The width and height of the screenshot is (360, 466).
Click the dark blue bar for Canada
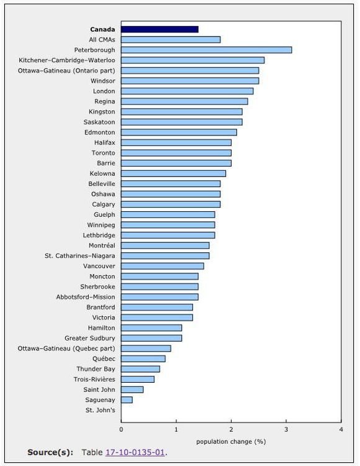pyautogui.click(x=160, y=29)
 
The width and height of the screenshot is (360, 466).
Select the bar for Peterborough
pyautogui.click(x=206, y=50)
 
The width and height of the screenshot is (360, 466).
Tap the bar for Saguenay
pyautogui.click(x=127, y=400)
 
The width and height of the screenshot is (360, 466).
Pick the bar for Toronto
pyautogui.click(x=176, y=153)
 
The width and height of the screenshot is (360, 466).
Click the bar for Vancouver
pyautogui.click(x=162, y=266)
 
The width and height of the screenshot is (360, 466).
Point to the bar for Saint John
pyautogui.click(x=132, y=390)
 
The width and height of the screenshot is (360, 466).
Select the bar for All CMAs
pyautogui.click(x=171, y=40)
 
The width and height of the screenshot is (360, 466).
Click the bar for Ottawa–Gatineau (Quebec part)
pyautogui.click(x=146, y=349)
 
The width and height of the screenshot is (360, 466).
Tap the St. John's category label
pyautogui.click(x=100, y=410)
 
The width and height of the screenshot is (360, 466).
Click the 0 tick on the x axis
pyautogui.click(x=121, y=429)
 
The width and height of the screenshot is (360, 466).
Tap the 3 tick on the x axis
pyautogui.click(x=286, y=429)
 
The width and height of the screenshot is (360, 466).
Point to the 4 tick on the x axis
pyautogui.click(x=341, y=429)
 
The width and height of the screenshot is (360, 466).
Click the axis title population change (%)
pyautogui.click(x=231, y=441)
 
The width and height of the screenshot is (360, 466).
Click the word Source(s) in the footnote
pyautogui.click(x=50, y=452)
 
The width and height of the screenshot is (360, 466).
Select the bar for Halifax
pyautogui.click(x=176, y=143)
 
